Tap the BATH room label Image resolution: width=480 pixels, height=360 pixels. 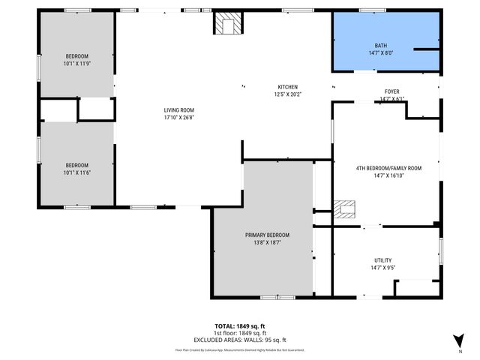(x=381, y=45)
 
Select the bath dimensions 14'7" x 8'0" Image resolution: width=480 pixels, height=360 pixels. (x=381, y=53)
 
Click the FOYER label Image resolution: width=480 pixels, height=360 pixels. (x=391, y=91)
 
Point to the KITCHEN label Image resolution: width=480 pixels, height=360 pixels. (x=288, y=86)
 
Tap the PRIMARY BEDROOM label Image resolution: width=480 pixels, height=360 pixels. (x=267, y=235)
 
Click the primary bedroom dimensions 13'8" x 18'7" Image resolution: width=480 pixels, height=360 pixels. (x=267, y=243)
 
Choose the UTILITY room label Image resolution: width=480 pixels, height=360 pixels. (x=383, y=259)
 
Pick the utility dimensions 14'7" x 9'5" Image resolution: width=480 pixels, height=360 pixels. (x=383, y=267)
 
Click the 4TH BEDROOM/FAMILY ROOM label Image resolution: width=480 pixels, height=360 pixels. (x=388, y=168)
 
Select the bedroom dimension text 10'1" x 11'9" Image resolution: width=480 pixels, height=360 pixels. (x=76, y=64)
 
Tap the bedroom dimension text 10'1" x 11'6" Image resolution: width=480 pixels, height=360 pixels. (x=76, y=173)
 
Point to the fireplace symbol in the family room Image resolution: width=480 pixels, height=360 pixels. (x=346, y=208)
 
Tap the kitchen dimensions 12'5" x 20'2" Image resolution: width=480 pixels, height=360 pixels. (x=288, y=94)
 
